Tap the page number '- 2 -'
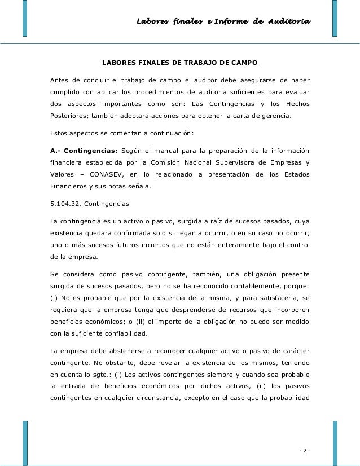(305, 450)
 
